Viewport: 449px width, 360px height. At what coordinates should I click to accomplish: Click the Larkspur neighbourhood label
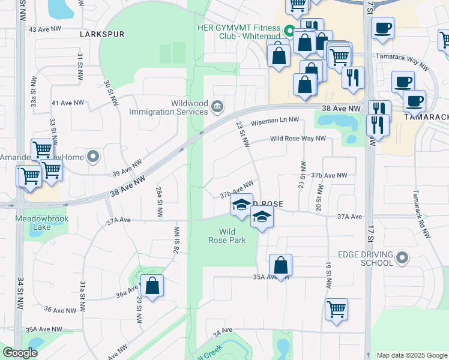point(102,34)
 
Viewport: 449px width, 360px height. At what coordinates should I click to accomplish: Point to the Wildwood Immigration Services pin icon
point(217,107)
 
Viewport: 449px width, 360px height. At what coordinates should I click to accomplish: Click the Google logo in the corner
point(20,353)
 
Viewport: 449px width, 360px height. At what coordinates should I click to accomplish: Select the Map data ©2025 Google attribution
point(411,355)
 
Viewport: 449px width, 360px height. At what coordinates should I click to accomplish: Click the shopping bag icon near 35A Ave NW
point(280,265)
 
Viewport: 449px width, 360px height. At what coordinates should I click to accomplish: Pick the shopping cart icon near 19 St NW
point(337,310)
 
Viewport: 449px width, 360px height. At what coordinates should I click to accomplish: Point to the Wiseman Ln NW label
point(275,122)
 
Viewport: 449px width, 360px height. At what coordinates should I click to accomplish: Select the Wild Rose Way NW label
point(298,138)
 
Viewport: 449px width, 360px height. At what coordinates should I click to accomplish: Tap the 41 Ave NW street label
point(67,103)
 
